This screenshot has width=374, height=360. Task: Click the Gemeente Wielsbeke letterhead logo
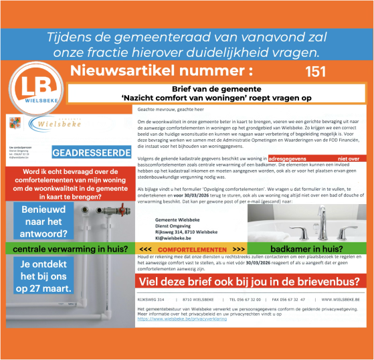pos(47,124)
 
